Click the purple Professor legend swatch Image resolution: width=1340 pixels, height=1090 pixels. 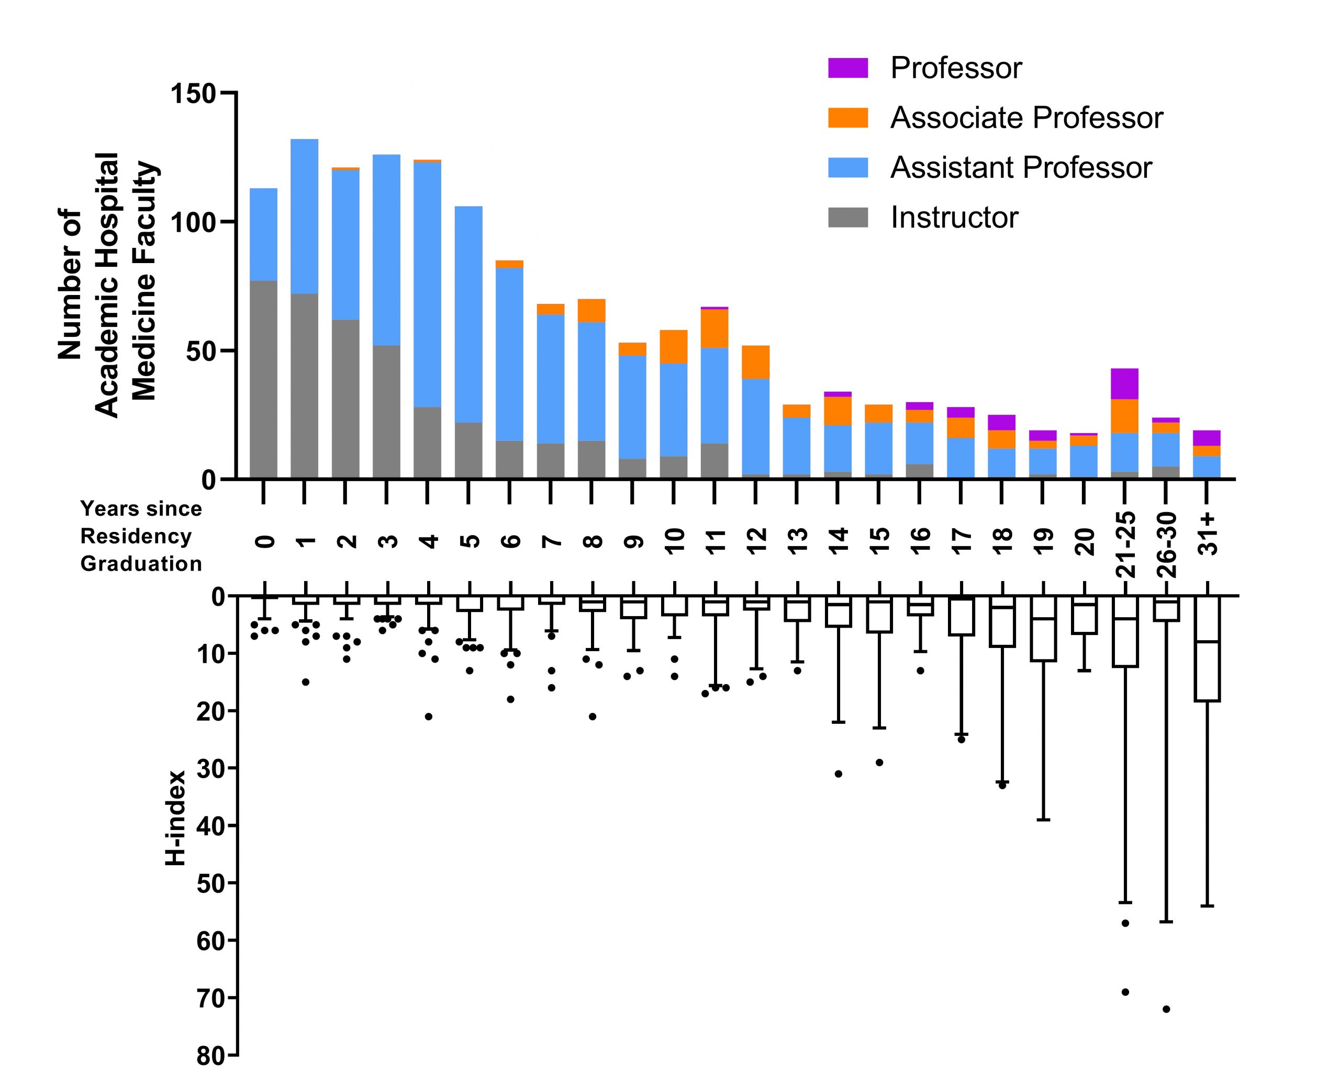point(847,68)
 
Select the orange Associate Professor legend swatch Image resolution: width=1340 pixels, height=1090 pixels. point(847,118)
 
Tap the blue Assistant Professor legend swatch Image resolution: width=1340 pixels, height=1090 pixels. point(847,168)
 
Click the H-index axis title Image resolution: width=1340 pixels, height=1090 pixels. point(176,818)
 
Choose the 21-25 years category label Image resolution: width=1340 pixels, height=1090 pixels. point(1126,544)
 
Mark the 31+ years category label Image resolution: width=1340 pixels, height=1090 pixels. point(1208,533)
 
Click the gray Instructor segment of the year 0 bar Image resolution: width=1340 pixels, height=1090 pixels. point(263,380)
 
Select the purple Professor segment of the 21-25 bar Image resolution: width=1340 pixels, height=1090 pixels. point(1124,383)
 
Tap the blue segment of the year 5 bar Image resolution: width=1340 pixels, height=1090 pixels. point(468,314)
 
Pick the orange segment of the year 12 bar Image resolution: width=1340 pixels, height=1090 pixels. point(756,362)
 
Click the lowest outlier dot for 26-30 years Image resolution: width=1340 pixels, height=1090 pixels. point(1166,1009)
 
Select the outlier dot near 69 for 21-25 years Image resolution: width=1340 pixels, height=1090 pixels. point(1125,992)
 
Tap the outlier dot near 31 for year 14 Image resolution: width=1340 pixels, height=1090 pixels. point(838,774)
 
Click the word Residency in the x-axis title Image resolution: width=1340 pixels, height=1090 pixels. point(136,536)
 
